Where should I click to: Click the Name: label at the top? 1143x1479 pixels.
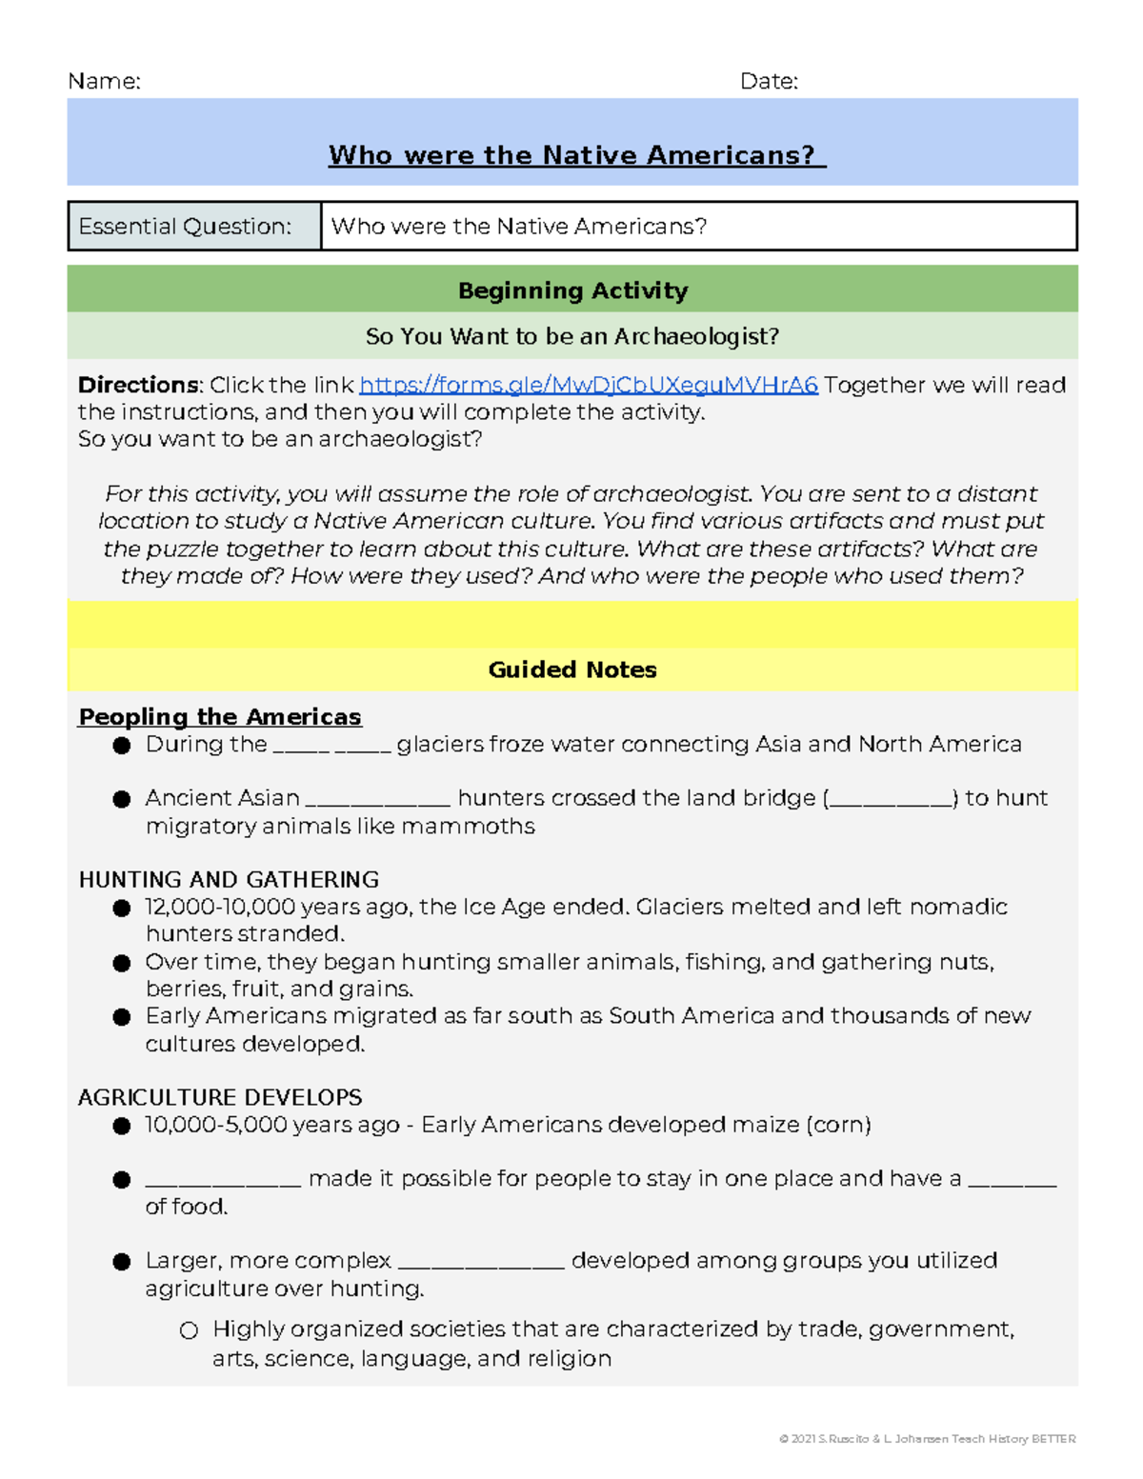pos(104,82)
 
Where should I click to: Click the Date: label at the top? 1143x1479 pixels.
pos(769,82)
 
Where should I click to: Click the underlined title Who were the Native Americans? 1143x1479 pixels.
pos(576,155)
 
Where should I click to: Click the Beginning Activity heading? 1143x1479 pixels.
pos(572,290)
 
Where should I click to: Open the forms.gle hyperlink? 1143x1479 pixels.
pos(589,385)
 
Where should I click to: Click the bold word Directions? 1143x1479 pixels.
pos(138,385)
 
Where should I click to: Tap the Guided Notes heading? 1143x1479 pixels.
pos(572,670)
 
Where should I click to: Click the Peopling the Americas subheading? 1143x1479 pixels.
pos(220,716)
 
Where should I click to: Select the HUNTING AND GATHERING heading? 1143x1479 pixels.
pos(229,879)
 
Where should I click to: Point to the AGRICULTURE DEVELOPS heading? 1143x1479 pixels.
pos(220,1097)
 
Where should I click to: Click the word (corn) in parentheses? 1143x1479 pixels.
pos(838,1125)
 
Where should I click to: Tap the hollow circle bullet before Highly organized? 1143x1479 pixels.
pos(189,1330)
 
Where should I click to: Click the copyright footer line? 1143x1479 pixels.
pos(927,1439)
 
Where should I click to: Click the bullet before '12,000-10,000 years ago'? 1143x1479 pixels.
pos(122,908)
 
